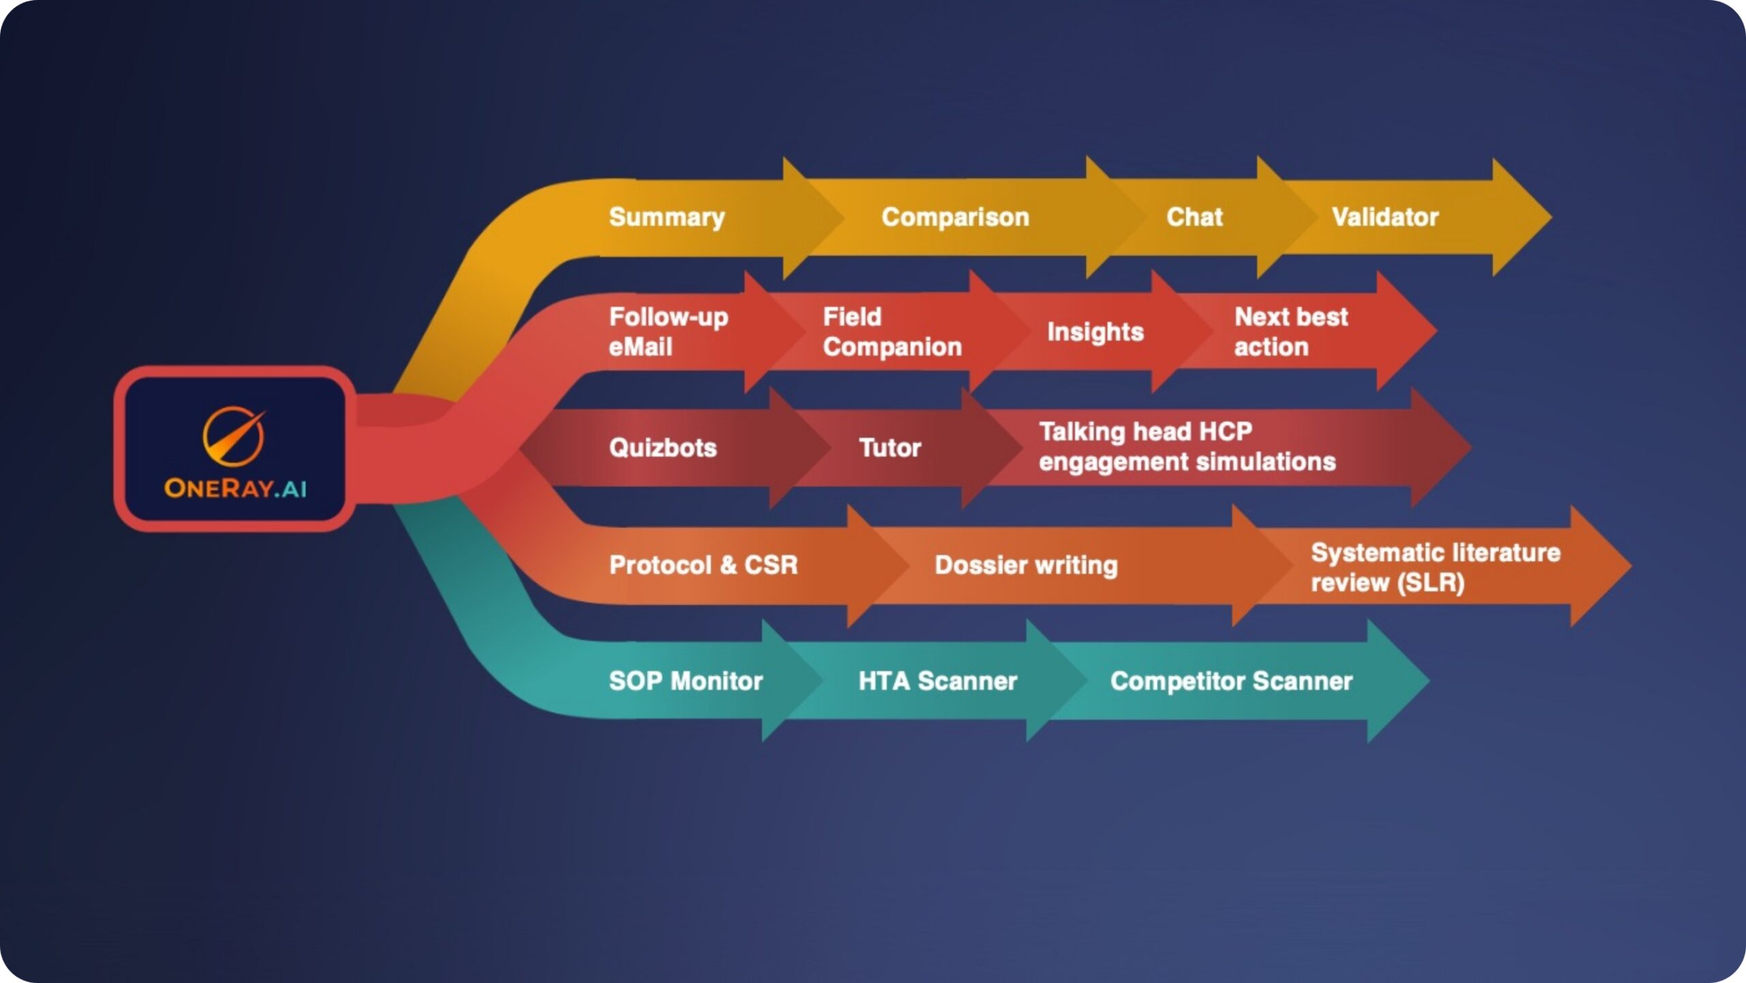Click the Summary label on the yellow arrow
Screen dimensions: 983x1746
tap(666, 217)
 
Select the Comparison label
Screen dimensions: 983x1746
tap(955, 217)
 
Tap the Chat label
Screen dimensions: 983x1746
tap(1194, 217)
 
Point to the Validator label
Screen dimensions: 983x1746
tap(1385, 217)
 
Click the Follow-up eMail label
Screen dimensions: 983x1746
tap(668, 332)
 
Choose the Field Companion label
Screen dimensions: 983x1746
tap(892, 332)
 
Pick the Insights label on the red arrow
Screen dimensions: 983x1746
tap(1095, 332)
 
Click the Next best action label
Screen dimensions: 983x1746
tap(1291, 332)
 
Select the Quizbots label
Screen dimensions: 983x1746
tap(663, 448)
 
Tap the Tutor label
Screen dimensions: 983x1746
tap(890, 448)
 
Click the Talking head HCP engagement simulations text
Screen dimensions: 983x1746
tap(1187, 447)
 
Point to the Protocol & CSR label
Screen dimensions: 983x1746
tap(703, 565)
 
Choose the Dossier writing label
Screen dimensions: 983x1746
tap(1026, 565)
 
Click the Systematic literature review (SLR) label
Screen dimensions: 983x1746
tap(1436, 567)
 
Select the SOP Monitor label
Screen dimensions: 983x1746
tap(685, 681)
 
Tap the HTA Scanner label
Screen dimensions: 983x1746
tap(938, 681)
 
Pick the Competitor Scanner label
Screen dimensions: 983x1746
tap(1231, 681)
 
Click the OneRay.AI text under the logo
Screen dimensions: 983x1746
tap(235, 488)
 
